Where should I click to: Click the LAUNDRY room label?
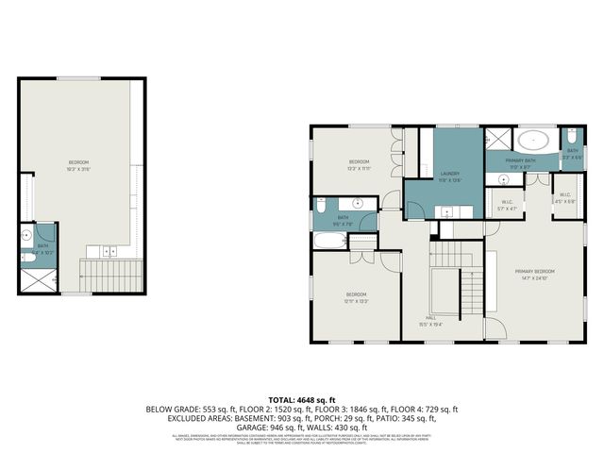point(448,174)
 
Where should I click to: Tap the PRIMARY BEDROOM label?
point(534,272)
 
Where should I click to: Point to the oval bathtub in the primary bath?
point(533,141)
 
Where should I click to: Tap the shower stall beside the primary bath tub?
point(495,140)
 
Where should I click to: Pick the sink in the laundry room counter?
point(445,213)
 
